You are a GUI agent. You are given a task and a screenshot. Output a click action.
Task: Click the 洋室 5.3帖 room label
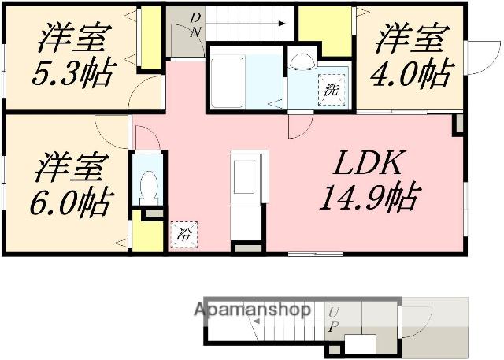[x=73, y=55]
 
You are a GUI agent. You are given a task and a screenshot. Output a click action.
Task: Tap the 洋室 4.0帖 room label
[x=413, y=55]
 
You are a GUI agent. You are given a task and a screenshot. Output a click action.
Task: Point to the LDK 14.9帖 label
[x=369, y=180]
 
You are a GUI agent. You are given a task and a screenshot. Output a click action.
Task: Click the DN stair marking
[x=195, y=24]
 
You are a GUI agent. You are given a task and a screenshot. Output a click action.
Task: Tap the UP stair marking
[x=334, y=319]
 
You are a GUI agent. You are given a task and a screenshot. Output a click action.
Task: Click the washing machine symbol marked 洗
[x=332, y=90]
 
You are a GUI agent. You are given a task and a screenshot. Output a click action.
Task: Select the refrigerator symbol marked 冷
[x=183, y=235]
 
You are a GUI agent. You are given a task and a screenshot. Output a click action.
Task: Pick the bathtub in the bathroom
[x=228, y=84]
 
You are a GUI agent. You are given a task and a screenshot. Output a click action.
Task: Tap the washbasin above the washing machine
[x=302, y=61]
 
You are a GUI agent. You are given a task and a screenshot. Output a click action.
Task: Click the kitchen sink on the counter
[x=244, y=177]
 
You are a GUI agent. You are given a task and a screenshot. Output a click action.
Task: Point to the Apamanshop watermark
[x=252, y=310]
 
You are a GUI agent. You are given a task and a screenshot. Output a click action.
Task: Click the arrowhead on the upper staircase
[x=282, y=23]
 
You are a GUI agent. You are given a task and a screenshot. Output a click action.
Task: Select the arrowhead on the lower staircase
[x=257, y=321]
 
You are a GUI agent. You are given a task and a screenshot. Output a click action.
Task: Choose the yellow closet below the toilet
[x=148, y=232]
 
